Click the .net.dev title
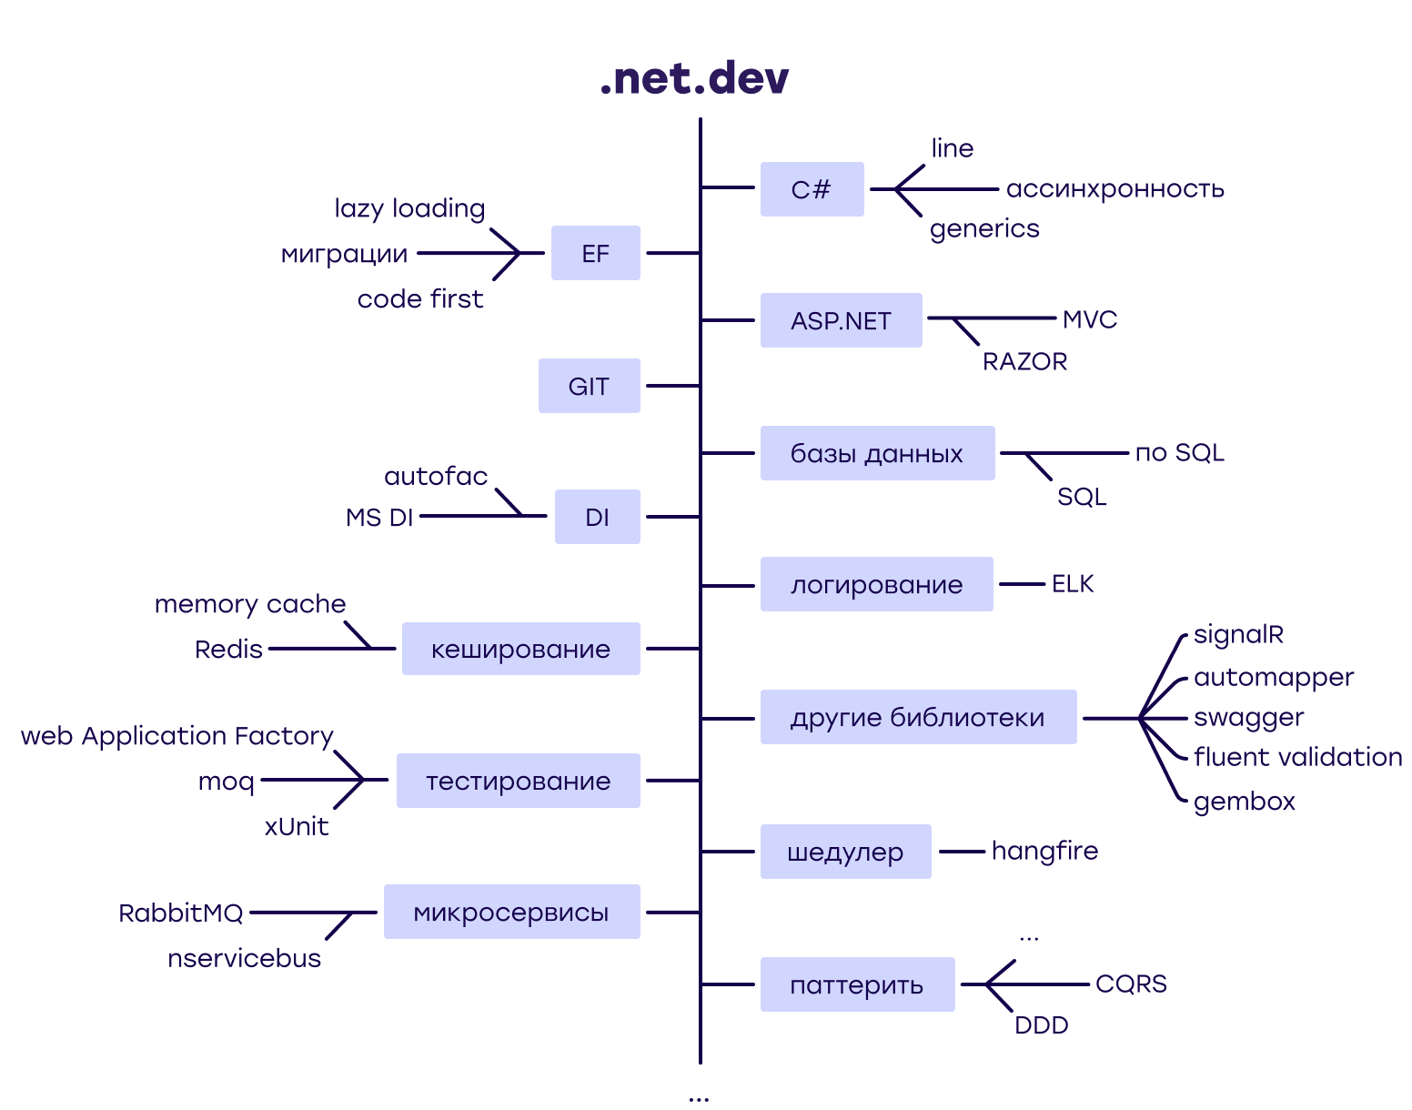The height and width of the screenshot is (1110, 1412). pyautogui.click(x=694, y=78)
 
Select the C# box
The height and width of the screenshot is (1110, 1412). pyautogui.click(x=812, y=189)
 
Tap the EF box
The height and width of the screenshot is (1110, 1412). pyautogui.click(x=595, y=253)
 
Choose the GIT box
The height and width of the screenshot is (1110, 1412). pyautogui.click(x=589, y=386)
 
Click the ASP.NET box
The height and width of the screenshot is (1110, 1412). pyautogui.click(x=841, y=320)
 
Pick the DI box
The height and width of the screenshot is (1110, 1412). pyautogui.click(x=597, y=517)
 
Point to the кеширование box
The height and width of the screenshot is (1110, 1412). pyautogui.click(x=520, y=649)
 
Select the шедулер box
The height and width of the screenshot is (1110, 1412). pyautogui.click(x=845, y=852)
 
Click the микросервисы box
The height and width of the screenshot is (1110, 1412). pyautogui.click(x=511, y=912)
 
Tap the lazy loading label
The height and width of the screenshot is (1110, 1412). pyautogui.click(x=409, y=208)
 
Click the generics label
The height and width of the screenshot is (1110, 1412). pyautogui.click(x=984, y=228)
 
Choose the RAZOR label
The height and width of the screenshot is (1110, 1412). pyautogui.click(x=1024, y=361)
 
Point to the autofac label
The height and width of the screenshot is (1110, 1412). pyautogui.click(x=436, y=476)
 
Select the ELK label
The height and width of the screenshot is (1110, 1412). pyautogui.click(x=1073, y=584)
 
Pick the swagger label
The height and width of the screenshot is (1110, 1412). pyautogui.click(x=1248, y=718)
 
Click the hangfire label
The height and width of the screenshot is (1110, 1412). pyautogui.click(x=1044, y=851)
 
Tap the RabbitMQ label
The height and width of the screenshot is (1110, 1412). pyautogui.click(x=181, y=913)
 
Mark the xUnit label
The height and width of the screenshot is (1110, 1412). pyautogui.click(x=297, y=826)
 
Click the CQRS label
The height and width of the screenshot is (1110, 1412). pyautogui.click(x=1131, y=984)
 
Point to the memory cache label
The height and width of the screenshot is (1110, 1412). pyautogui.click(x=250, y=604)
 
